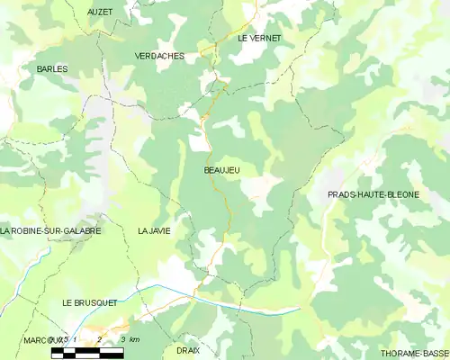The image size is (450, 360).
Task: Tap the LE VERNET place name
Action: (259, 39)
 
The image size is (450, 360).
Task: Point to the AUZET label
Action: (100, 12)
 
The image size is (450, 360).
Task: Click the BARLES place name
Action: (52, 68)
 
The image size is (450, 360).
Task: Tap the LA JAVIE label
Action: (154, 231)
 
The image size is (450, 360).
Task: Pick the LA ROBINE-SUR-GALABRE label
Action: (50, 231)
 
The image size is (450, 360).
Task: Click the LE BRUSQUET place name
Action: (90, 304)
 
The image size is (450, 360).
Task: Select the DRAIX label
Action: (188, 349)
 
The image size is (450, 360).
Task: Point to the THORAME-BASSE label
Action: (414, 354)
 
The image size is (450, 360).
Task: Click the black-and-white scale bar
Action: (87, 352)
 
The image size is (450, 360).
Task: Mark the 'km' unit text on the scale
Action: (134, 340)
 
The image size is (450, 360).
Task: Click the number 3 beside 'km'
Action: (122, 340)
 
